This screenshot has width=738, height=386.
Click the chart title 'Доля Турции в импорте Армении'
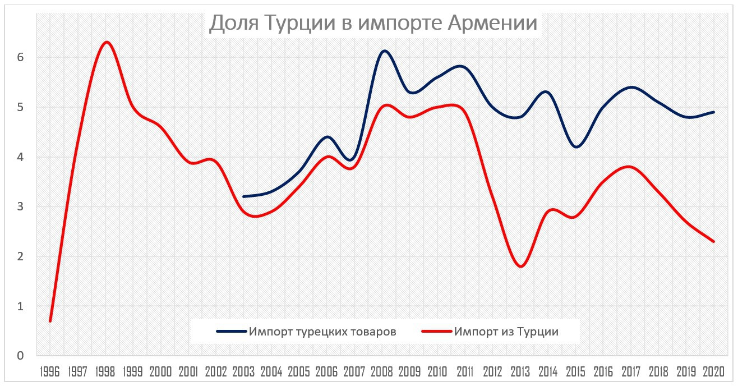point(373,24)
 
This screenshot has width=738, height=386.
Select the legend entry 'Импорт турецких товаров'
point(323,332)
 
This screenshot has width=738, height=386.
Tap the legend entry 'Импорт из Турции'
point(507,332)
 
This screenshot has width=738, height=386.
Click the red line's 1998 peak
point(106,42)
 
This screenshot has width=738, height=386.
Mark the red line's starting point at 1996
point(50,321)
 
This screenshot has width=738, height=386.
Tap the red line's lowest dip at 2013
point(520,266)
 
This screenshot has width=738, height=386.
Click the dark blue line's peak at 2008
point(384,51)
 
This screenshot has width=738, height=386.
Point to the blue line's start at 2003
point(244,197)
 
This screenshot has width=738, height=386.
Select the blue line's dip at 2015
point(576,147)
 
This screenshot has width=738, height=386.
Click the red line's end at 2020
point(713,241)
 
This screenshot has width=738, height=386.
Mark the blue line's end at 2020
point(713,112)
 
